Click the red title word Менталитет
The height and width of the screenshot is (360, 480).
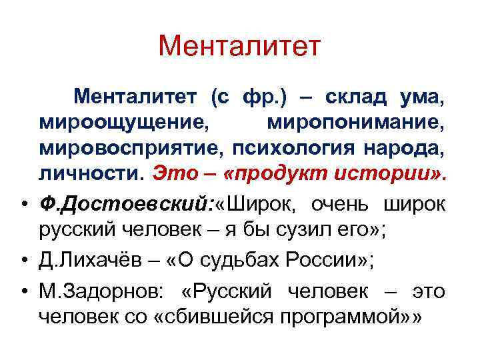point(240,45)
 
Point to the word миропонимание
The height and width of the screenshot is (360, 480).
point(354,122)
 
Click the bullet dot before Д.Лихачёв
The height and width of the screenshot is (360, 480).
point(25,258)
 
